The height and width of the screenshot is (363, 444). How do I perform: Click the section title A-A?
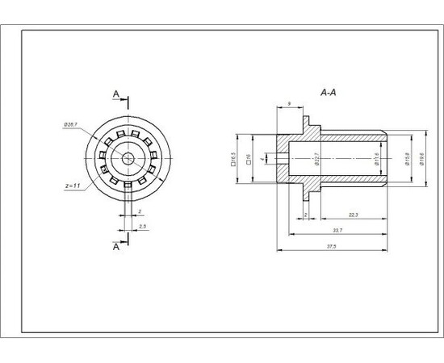coord(328,94)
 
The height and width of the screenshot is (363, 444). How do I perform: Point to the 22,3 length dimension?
coord(354,214)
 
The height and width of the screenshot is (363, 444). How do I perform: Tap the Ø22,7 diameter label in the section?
coord(316,158)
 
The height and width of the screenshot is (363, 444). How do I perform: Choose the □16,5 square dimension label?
coord(232,158)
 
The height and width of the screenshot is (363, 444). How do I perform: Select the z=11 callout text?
coord(72,186)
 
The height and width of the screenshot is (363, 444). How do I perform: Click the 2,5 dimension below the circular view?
coord(143,227)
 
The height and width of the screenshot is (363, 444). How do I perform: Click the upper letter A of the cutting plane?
coord(115,95)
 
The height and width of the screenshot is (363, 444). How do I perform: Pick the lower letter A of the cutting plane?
coord(115,247)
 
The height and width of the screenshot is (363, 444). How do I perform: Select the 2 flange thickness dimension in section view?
coord(306,214)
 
